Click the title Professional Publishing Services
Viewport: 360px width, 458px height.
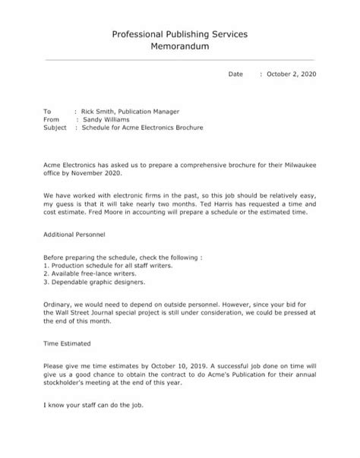pos(180,34)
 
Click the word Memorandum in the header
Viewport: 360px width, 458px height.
pos(180,47)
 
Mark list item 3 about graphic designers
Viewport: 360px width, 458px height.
pos(94,282)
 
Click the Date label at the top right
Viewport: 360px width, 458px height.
pos(236,74)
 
